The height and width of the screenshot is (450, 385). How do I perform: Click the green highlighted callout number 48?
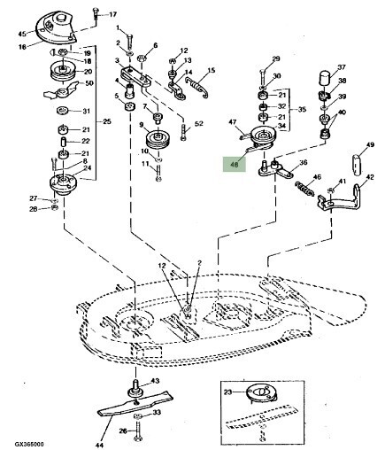(x=235, y=165)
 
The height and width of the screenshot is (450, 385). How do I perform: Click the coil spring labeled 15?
(x=197, y=86)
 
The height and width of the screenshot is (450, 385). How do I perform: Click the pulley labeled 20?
(x=63, y=71)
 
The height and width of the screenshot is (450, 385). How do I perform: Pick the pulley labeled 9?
(x=158, y=140)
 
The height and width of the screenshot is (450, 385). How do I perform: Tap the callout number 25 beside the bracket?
(x=106, y=121)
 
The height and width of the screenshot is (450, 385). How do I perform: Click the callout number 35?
(x=302, y=110)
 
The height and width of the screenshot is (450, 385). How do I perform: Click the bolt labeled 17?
(x=96, y=14)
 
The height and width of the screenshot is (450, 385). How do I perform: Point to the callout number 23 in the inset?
(x=228, y=392)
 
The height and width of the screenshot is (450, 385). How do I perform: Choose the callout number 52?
(x=199, y=123)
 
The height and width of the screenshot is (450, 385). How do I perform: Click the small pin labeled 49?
(x=358, y=164)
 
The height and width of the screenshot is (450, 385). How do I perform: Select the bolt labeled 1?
(x=129, y=40)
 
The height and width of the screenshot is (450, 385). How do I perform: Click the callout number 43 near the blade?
(x=155, y=381)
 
